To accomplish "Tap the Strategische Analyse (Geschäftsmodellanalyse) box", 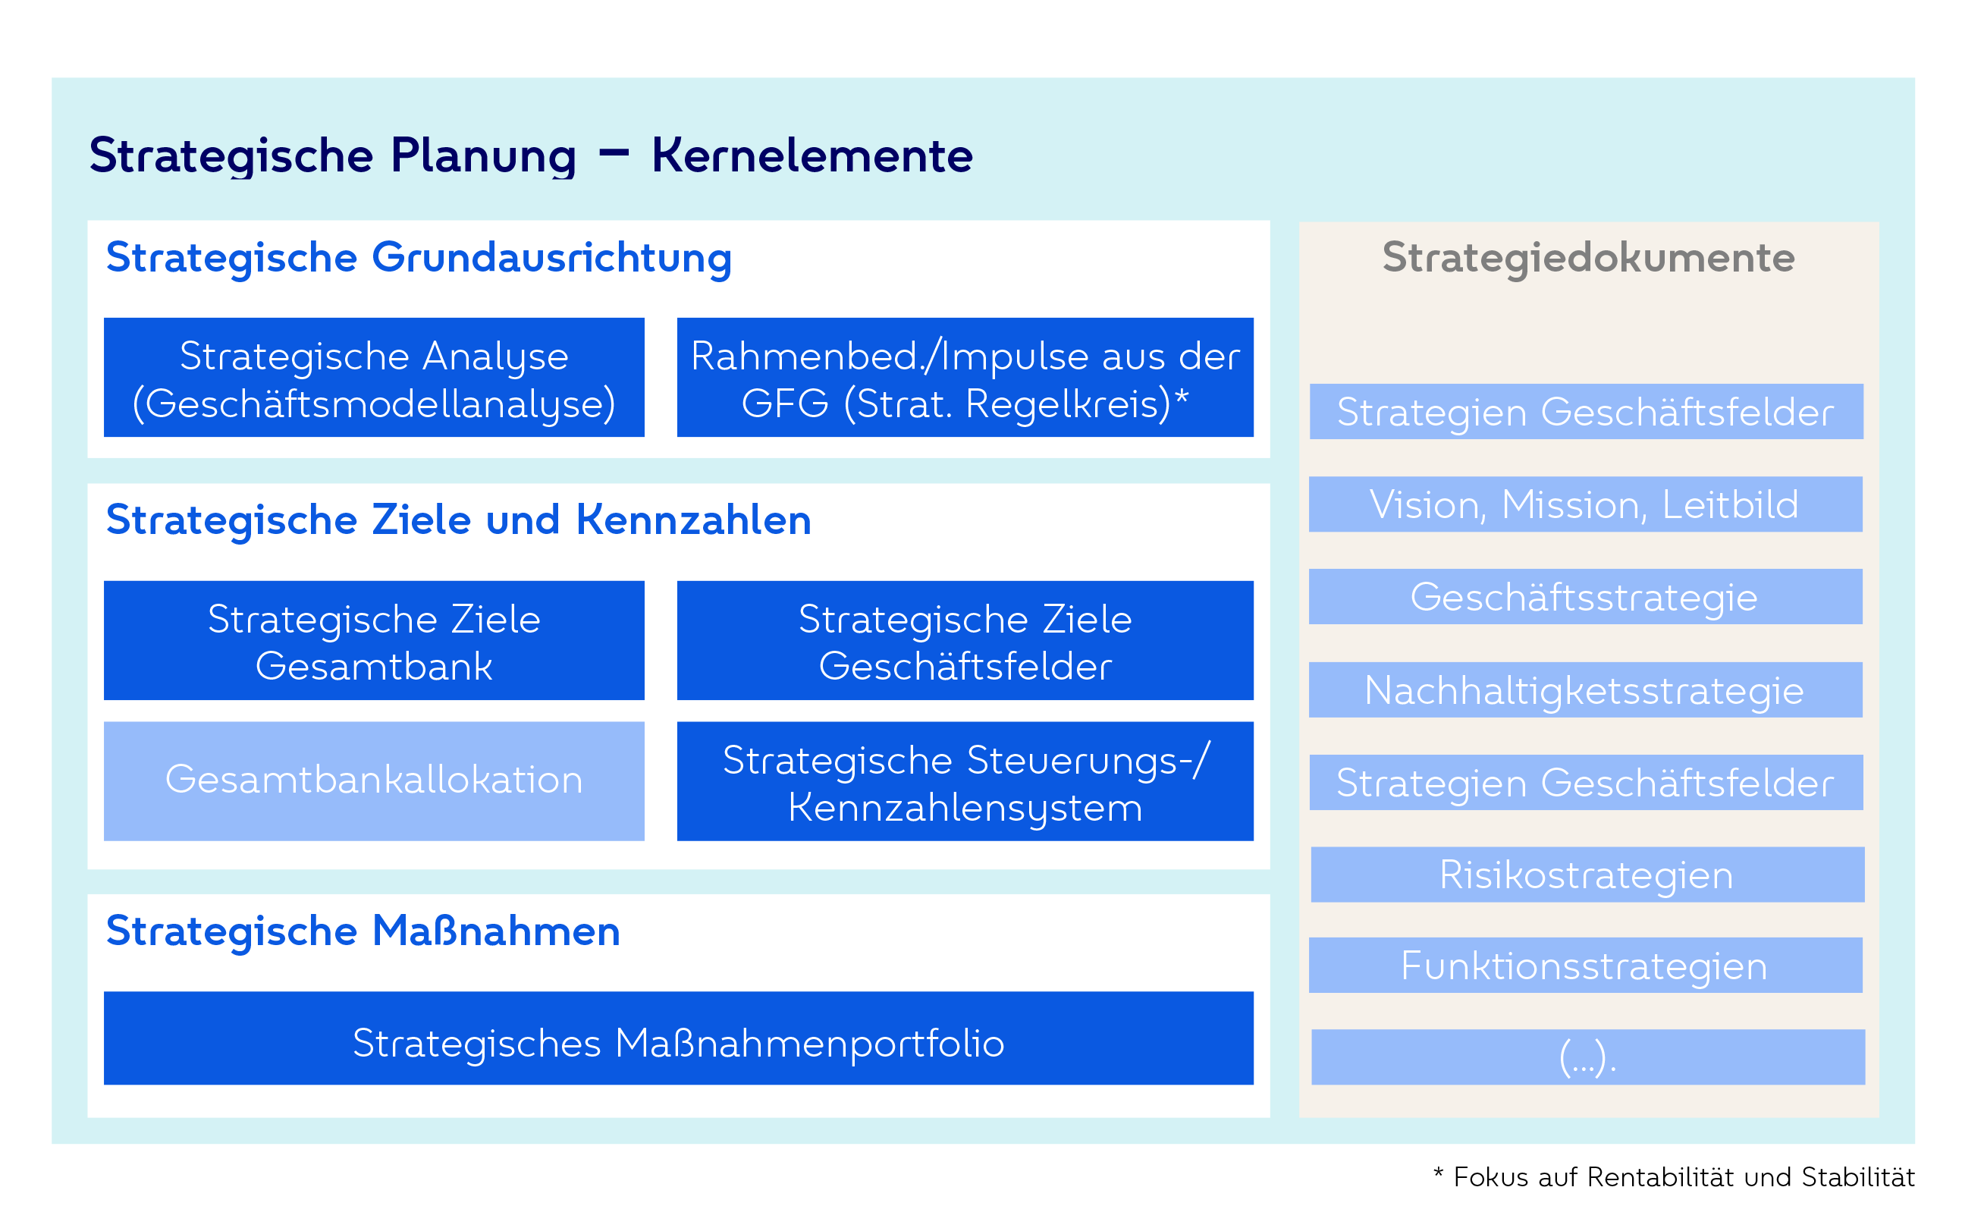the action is [x=374, y=377].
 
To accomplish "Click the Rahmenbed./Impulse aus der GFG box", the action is [x=965, y=377].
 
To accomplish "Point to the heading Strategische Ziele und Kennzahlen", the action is [x=459, y=520].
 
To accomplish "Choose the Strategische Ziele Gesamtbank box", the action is [x=374, y=640].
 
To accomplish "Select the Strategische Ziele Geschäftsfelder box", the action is [x=965, y=640].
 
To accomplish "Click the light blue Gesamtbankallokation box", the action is [x=374, y=781].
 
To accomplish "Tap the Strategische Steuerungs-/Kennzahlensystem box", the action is [x=965, y=781].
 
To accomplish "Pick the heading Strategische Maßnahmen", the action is [x=363, y=931].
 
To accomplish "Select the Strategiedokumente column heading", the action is [x=1589, y=259].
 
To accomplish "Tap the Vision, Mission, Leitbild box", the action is [x=1585, y=504].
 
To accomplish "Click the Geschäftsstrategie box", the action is [x=1585, y=597].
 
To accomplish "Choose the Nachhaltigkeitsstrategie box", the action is [x=1585, y=689].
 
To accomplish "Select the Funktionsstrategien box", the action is [x=1585, y=966].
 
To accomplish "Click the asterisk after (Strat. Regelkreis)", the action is [x=1182, y=397].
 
